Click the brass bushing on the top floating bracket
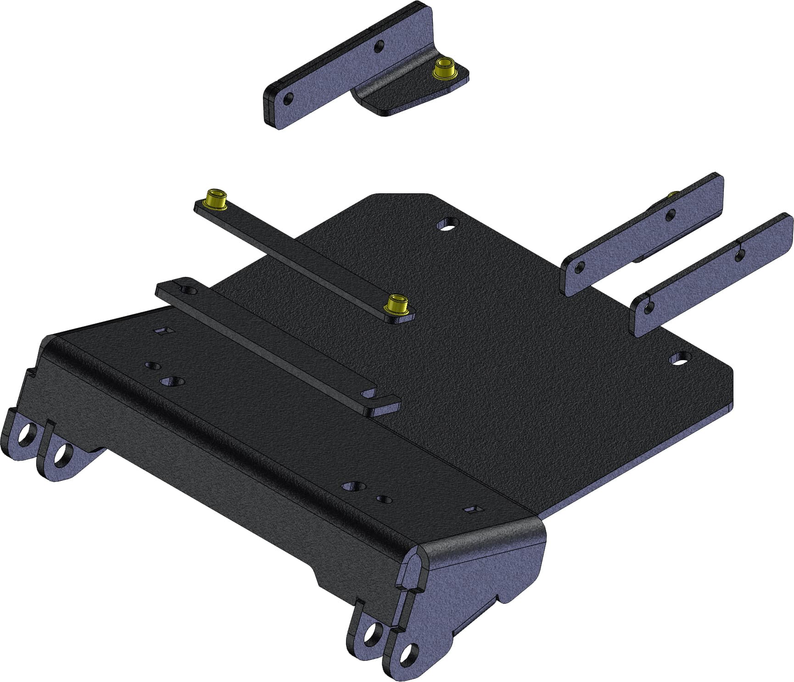tap(444, 68)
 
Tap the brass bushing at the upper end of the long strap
tap(216, 199)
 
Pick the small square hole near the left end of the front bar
tap(163, 331)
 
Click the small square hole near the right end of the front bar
tap(473, 509)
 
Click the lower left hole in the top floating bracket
tap(288, 98)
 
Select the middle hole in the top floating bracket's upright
tap(379, 46)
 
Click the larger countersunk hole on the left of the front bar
tap(173, 381)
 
